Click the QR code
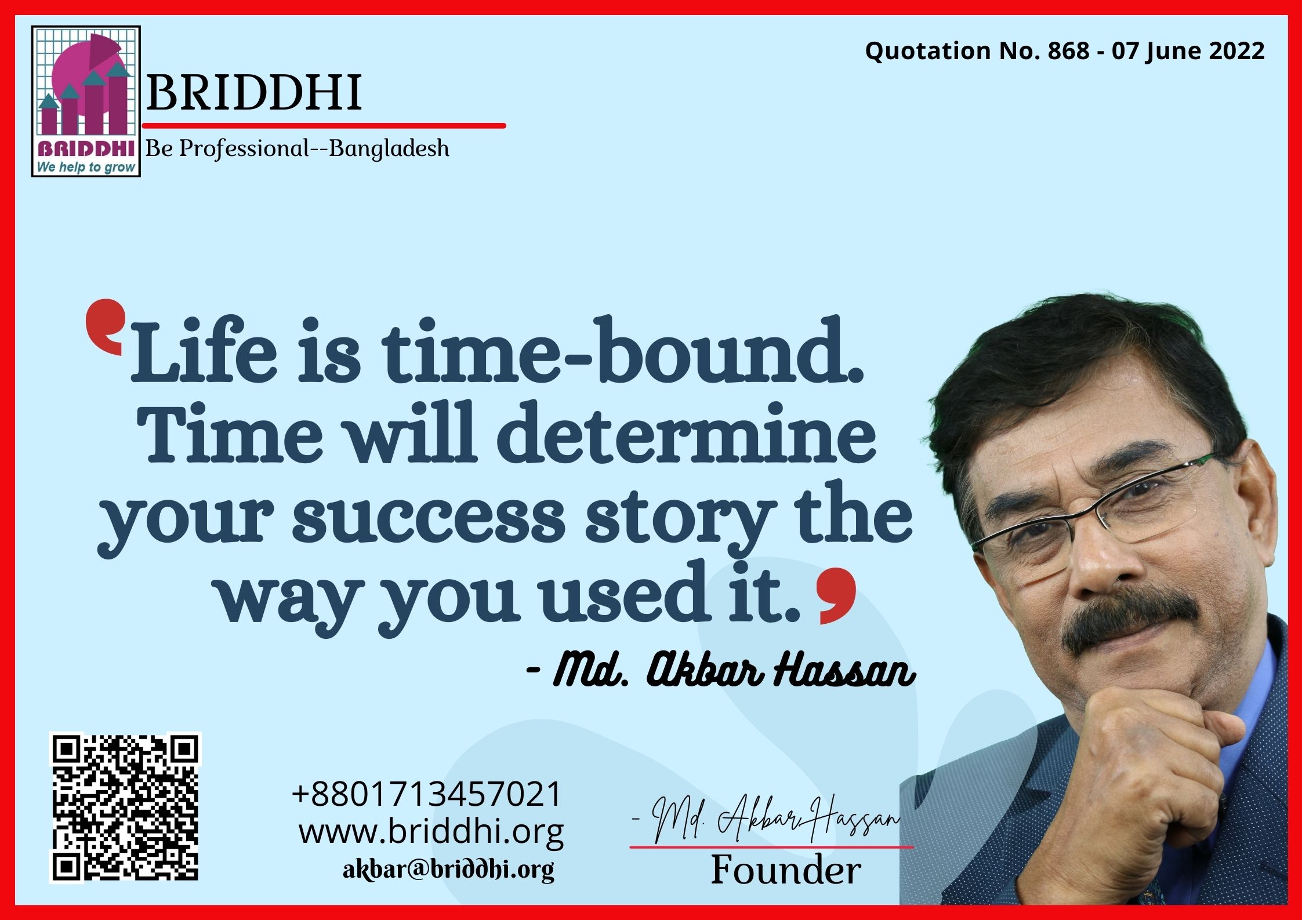point(125,807)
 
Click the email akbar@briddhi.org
point(448,870)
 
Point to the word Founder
point(786,871)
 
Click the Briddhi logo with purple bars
point(86,101)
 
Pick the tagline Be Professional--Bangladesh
point(297,148)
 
